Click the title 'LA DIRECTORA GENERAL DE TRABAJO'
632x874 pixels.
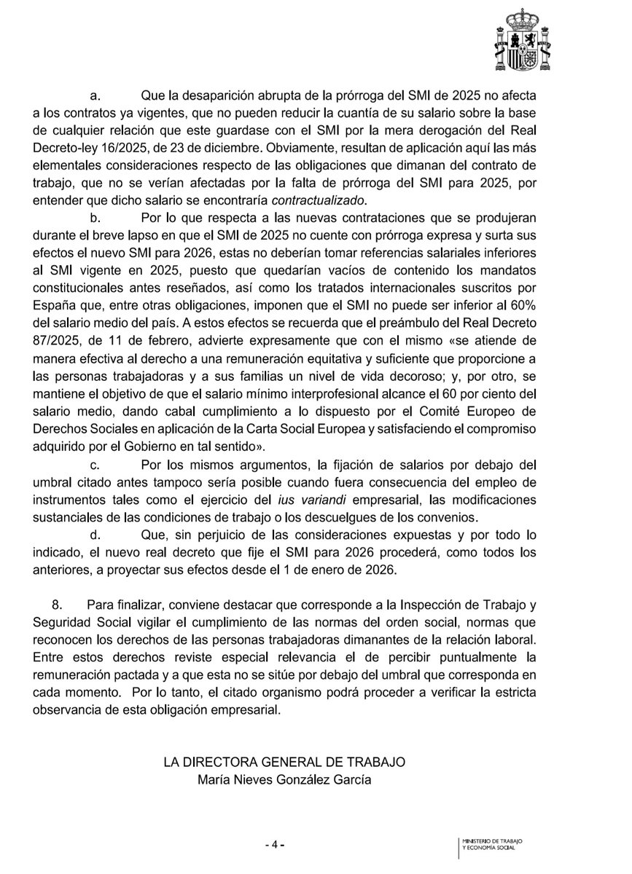[x=284, y=761]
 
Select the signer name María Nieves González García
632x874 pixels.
[x=284, y=778]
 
